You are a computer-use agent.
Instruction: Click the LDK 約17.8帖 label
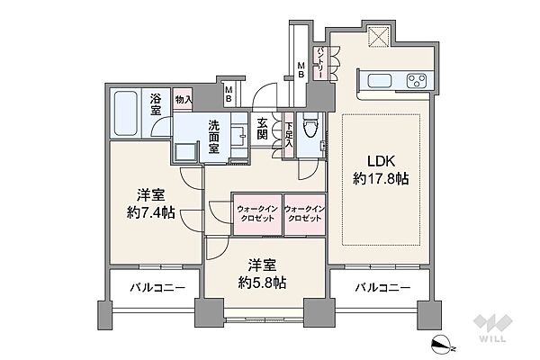(x=381, y=170)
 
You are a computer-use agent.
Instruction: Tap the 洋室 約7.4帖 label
(x=151, y=204)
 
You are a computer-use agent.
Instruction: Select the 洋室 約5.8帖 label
(x=263, y=274)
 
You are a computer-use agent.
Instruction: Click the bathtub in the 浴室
(x=125, y=113)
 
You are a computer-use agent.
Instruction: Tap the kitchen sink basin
(x=379, y=81)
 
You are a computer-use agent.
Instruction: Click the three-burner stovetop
(x=417, y=81)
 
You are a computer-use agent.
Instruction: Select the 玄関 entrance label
(x=262, y=129)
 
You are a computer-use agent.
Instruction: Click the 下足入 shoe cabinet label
(x=289, y=135)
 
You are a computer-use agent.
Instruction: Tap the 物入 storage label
(x=183, y=100)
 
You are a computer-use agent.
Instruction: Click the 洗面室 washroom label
(x=213, y=137)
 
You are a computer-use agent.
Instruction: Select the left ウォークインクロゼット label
(x=257, y=213)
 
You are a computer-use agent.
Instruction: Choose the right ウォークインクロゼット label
(x=305, y=213)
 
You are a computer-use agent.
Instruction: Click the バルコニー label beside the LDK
(x=382, y=287)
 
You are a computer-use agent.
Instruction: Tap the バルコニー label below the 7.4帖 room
(x=157, y=287)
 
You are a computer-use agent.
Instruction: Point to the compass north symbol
(x=443, y=345)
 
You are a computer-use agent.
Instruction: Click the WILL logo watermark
(x=492, y=328)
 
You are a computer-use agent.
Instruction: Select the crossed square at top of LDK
(x=379, y=36)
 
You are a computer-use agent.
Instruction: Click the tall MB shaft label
(x=301, y=69)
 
